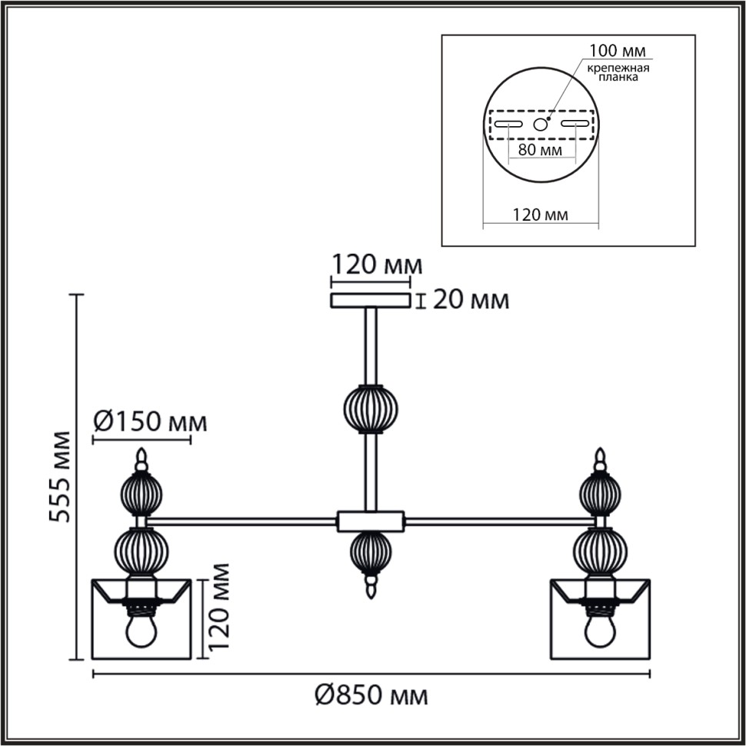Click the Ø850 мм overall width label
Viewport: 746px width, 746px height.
(x=371, y=695)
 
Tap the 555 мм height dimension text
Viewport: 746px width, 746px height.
(x=61, y=477)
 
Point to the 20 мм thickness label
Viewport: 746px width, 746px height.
(x=471, y=300)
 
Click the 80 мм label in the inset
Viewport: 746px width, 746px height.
(x=540, y=150)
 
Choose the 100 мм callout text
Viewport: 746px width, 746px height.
(x=618, y=50)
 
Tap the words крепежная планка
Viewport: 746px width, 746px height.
(x=618, y=72)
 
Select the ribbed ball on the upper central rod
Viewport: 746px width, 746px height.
(x=371, y=409)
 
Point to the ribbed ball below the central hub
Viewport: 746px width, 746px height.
(x=371, y=553)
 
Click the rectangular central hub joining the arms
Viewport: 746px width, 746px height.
(x=371, y=521)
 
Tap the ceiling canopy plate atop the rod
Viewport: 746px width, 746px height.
(x=371, y=301)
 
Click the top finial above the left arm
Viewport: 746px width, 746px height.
(x=141, y=459)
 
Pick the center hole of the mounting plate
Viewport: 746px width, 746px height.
(x=540, y=125)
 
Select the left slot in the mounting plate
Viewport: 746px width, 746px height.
(x=508, y=124)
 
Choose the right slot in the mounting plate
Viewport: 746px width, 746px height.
(x=575, y=124)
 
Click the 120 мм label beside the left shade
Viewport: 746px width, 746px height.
(x=219, y=607)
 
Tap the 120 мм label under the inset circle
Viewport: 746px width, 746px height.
(x=540, y=215)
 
